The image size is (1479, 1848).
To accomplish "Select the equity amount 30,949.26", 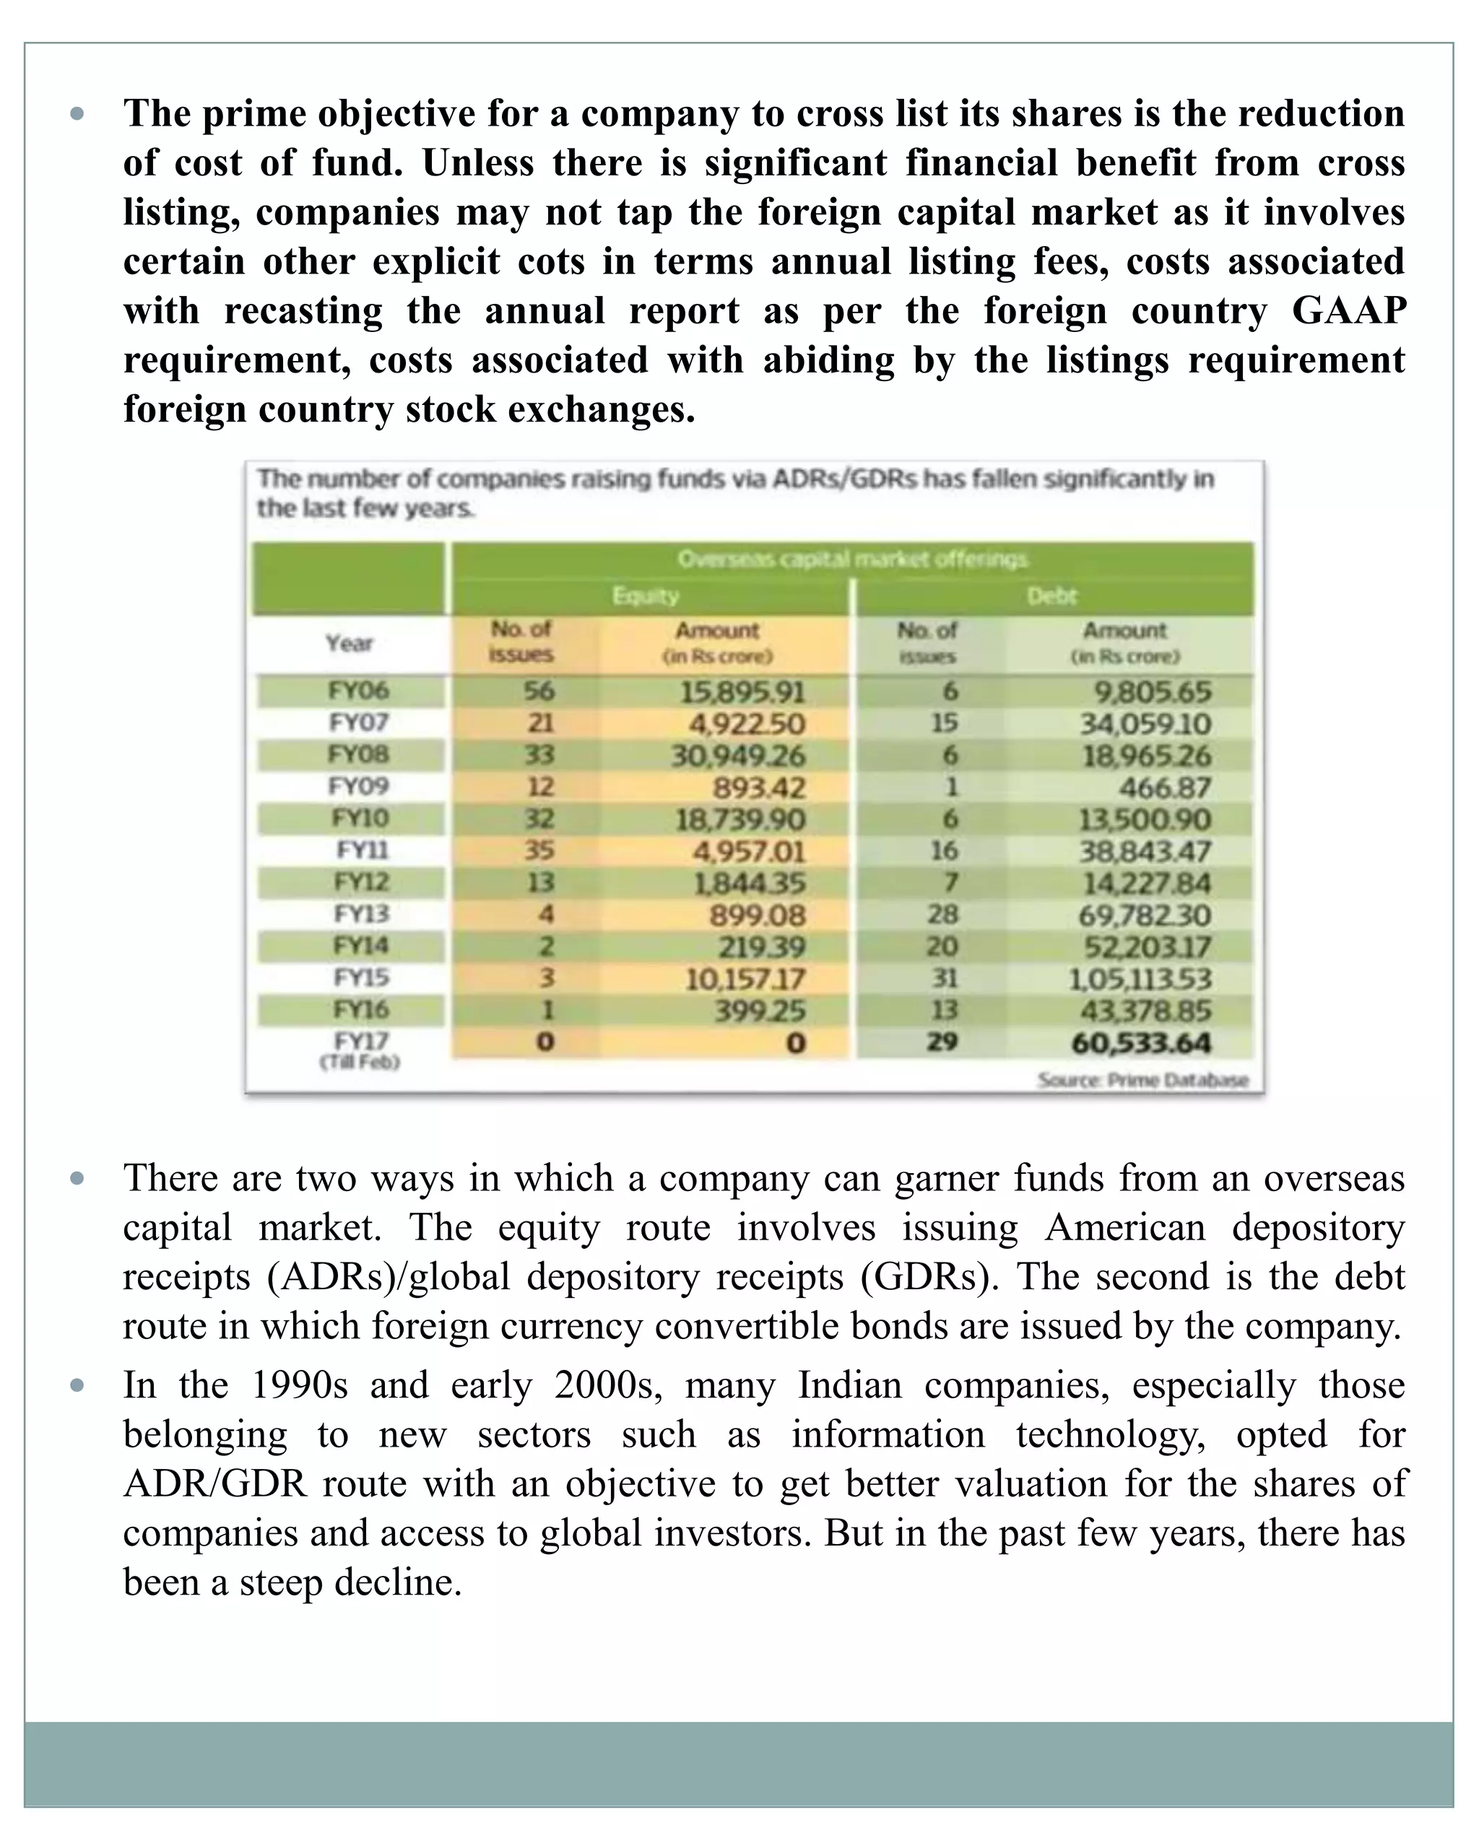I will point(738,756).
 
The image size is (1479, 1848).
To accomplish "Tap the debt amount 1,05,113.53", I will point(1140,979).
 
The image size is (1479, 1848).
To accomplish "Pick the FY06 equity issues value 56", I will point(539,691).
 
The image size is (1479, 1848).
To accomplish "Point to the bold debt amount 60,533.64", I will point(1141,1043).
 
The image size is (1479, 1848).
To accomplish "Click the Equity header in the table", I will point(646,596).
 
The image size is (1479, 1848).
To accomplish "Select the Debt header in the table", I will point(1051,596).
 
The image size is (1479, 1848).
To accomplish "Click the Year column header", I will point(349,643).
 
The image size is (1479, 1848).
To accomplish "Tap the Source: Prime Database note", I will point(1143,1080).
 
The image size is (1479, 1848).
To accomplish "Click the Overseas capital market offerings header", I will point(852,559).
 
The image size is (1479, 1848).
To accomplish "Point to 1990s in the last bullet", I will point(299,1385).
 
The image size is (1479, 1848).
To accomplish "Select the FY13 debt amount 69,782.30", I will point(1145,915).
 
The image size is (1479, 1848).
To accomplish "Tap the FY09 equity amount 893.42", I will point(759,788).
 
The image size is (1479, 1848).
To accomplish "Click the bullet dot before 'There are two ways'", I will point(77,1179).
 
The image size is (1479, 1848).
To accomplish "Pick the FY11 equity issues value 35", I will point(539,850).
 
